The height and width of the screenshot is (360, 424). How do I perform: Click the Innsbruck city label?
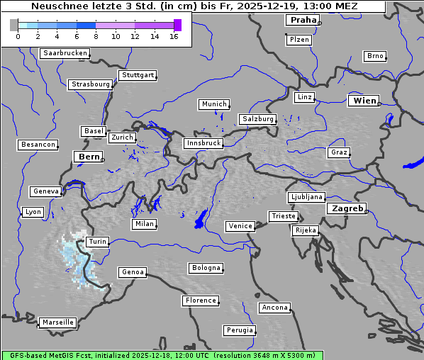(x=203, y=143)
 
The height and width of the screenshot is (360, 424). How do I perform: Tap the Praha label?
(x=301, y=20)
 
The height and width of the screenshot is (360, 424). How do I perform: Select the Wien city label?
(x=364, y=101)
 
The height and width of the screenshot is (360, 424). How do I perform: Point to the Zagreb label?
(x=346, y=208)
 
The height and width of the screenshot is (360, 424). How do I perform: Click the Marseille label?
(x=57, y=322)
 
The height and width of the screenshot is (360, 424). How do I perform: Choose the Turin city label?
(x=97, y=242)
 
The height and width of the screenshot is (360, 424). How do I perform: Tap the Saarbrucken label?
(x=65, y=53)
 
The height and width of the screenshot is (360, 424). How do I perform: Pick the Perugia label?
(x=239, y=330)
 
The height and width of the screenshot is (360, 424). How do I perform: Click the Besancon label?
(x=38, y=145)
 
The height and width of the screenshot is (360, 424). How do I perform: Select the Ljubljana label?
(x=306, y=197)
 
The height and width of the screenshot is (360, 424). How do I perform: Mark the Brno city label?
(x=374, y=56)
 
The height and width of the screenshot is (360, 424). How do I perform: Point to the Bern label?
(x=89, y=157)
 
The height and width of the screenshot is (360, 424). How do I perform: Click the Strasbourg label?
(x=90, y=84)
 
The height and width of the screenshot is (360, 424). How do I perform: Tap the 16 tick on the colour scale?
(x=174, y=36)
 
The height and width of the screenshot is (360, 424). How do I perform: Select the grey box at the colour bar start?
(x=13, y=25)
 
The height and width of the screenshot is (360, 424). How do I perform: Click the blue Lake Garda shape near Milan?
(x=201, y=219)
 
